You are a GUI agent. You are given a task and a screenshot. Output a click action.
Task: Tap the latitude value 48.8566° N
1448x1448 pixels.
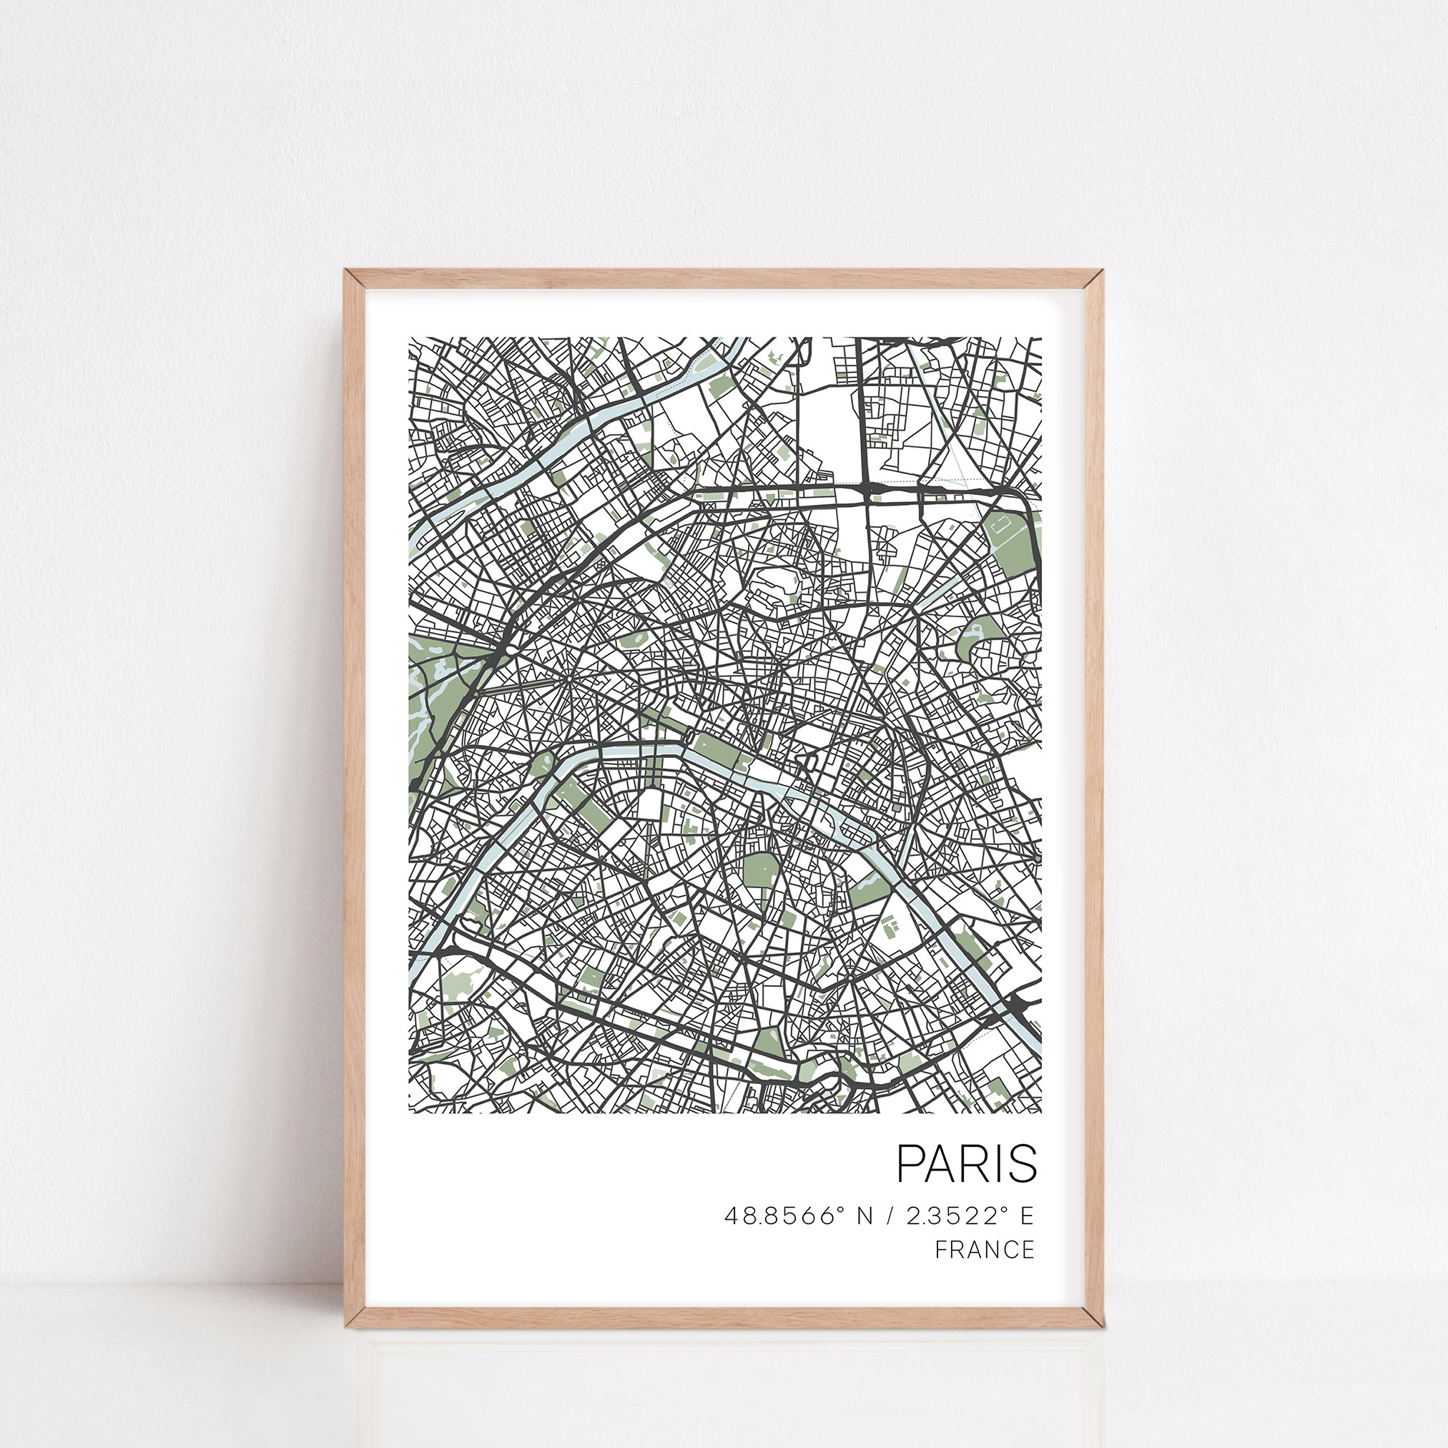[x=799, y=1216]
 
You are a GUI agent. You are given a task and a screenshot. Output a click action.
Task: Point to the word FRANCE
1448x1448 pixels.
[x=985, y=1249]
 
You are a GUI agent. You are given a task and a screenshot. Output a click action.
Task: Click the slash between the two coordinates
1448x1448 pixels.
[x=890, y=1216]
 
